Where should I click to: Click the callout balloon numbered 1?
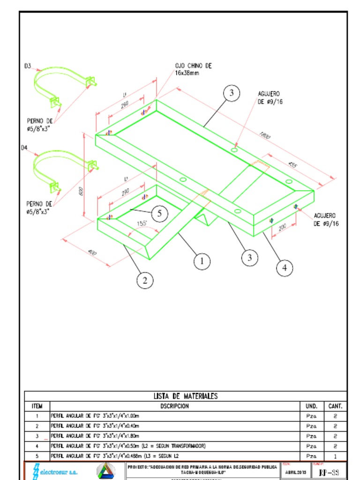coord(202,261)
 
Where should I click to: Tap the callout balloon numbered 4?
coord(285,268)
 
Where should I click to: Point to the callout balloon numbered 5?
coord(159,214)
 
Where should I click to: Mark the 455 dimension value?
coord(292,165)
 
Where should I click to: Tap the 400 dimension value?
coord(92,253)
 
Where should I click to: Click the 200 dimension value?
coord(282,227)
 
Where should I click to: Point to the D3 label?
coord(28,66)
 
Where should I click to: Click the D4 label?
coord(24,148)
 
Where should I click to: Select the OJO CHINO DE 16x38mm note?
coord(193,69)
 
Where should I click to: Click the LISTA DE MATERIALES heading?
coord(186,396)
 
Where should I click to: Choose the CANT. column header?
coord(335,406)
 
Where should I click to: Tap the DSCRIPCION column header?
coord(174,406)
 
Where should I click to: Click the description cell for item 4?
coord(128,446)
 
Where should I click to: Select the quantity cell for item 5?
coord(335,456)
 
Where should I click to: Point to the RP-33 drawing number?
coord(328,472)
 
